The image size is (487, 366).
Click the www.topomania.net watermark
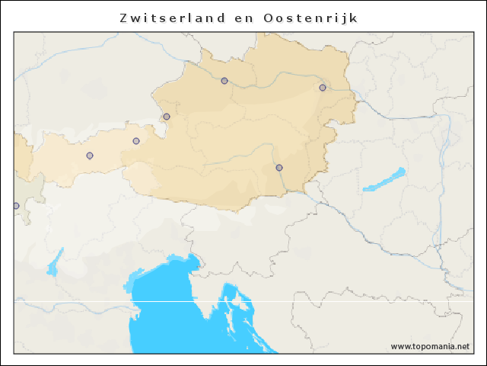pyautogui.click(x=430, y=346)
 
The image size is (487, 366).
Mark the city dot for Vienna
pyautogui.click(x=323, y=88)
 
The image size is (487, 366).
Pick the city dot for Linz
pyautogui.click(x=224, y=81)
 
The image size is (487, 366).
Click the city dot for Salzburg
pyautogui.click(x=167, y=117)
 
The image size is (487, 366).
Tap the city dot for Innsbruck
pyautogui.click(x=90, y=156)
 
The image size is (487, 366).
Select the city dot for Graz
pyautogui.click(x=279, y=168)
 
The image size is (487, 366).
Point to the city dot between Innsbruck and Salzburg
pyautogui.click(x=136, y=141)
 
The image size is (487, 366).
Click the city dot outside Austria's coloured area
pyautogui.click(x=16, y=206)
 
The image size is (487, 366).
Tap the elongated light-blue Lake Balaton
pyautogui.click(x=384, y=181)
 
